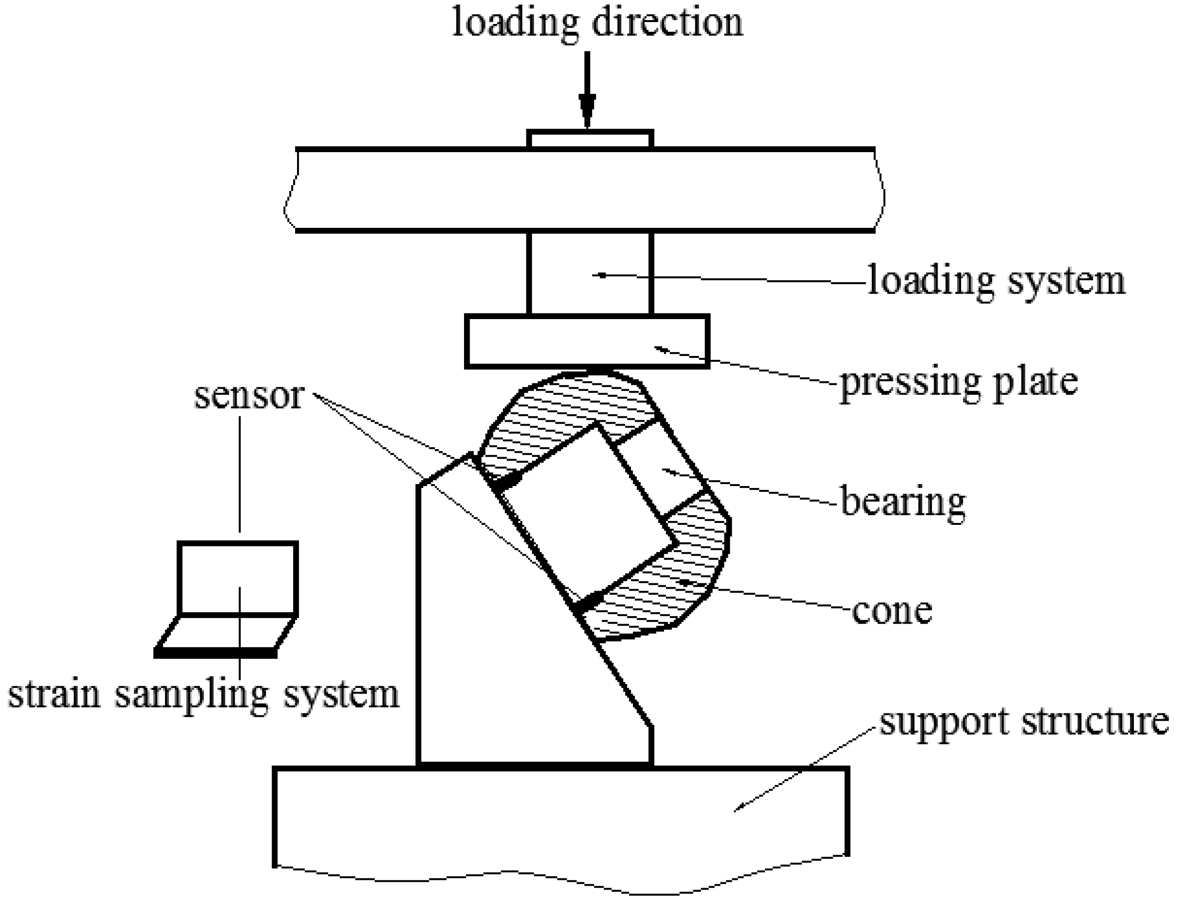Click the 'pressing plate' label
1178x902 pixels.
click(x=959, y=382)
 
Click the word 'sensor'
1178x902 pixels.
click(x=249, y=396)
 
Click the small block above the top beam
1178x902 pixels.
click(x=590, y=139)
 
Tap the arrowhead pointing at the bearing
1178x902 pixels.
click(x=666, y=471)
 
